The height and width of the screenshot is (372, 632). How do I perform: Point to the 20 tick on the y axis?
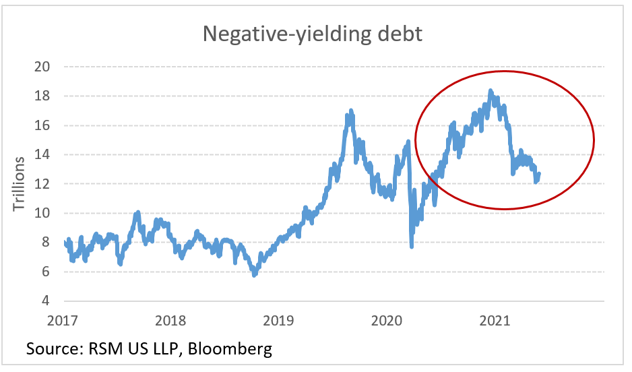point(44,67)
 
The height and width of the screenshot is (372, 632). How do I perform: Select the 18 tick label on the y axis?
point(44,96)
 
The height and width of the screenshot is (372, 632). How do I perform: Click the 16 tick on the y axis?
point(44,125)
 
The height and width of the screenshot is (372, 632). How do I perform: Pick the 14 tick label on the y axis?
point(44,154)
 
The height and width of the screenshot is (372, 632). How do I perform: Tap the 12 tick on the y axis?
point(44,183)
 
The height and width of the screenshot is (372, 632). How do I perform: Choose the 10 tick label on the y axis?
point(44,213)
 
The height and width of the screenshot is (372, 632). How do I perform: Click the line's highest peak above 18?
point(490,90)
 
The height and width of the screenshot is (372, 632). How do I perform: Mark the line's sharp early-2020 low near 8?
point(412,246)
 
